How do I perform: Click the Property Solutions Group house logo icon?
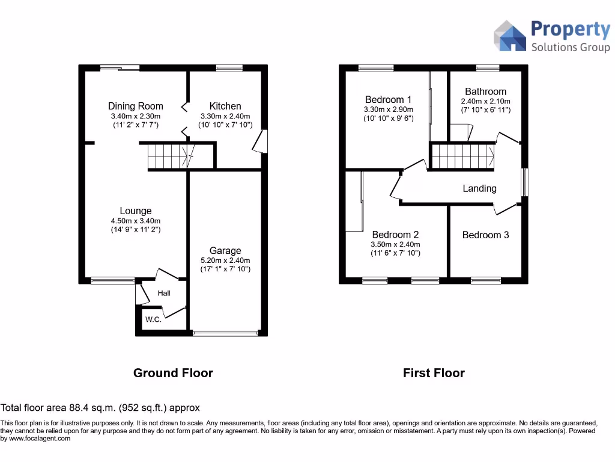(509, 36)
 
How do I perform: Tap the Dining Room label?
(135, 106)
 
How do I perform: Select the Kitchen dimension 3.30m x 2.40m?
(225, 116)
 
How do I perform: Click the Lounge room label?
(135, 211)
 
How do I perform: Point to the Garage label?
(225, 250)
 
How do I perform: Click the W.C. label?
(153, 319)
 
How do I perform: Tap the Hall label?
(164, 293)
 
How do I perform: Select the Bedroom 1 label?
(388, 100)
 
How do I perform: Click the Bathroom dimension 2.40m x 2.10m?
(485, 102)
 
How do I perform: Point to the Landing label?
(479, 188)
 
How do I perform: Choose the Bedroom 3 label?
(485, 235)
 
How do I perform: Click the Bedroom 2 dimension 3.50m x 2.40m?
(396, 244)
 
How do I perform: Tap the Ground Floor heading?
(173, 373)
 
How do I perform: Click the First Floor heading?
(434, 373)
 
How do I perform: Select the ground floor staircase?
(171, 157)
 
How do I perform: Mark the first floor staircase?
(462, 156)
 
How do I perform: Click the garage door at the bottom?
(225, 333)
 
